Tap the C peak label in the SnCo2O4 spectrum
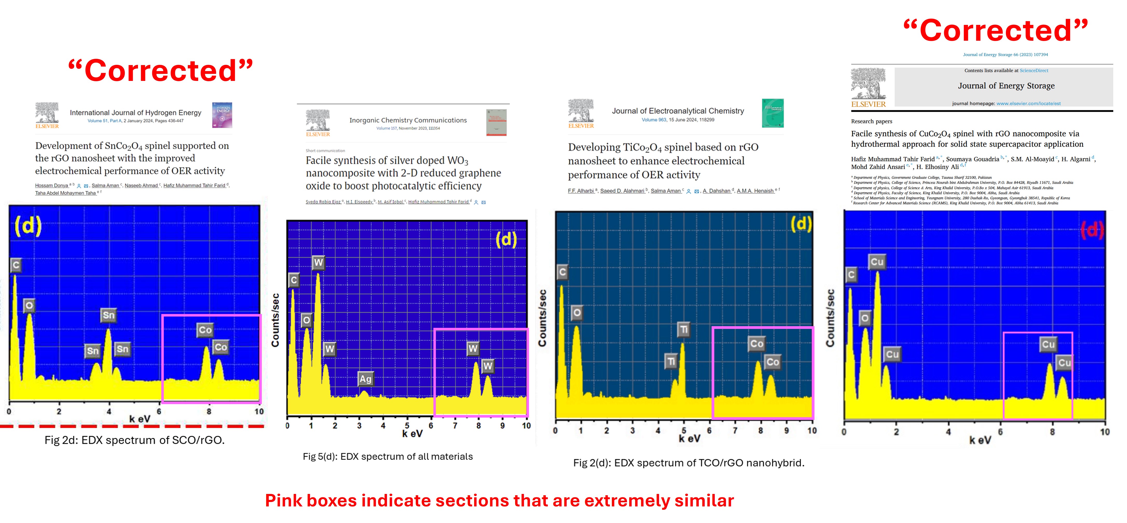(x=16, y=265)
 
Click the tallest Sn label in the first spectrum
(x=108, y=315)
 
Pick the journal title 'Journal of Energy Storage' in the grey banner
(x=1006, y=86)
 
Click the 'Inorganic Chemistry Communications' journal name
(x=408, y=120)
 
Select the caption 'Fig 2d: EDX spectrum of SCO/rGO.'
(x=134, y=440)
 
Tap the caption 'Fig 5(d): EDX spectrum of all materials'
(x=388, y=457)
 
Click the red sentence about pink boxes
(x=499, y=501)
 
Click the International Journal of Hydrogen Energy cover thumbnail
(x=222, y=115)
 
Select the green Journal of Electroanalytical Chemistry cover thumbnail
(x=773, y=113)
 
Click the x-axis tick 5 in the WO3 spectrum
(x=407, y=425)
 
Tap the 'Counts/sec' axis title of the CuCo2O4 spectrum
(x=830, y=318)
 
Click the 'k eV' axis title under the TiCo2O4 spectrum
(x=689, y=438)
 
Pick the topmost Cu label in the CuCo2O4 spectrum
(x=877, y=261)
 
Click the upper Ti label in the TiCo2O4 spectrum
(x=684, y=329)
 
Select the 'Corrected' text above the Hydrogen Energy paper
(x=161, y=71)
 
